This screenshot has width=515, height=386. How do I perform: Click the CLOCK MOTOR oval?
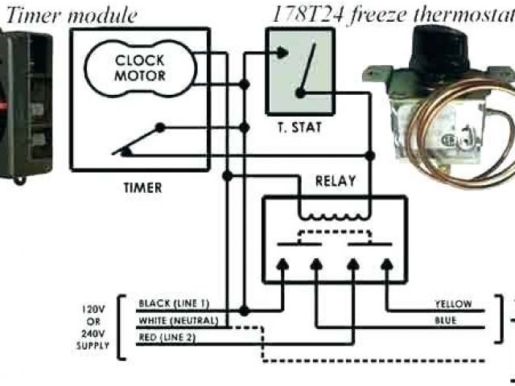(139, 68)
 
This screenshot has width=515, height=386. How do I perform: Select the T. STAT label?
(299, 127)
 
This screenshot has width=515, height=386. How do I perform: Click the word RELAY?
(336, 181)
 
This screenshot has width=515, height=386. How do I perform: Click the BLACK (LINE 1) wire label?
(175, 303)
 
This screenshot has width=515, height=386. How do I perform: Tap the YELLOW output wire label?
(452, 305)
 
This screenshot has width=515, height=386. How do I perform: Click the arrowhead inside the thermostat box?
(282, 54)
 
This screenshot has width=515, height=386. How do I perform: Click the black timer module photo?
(24, 105)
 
